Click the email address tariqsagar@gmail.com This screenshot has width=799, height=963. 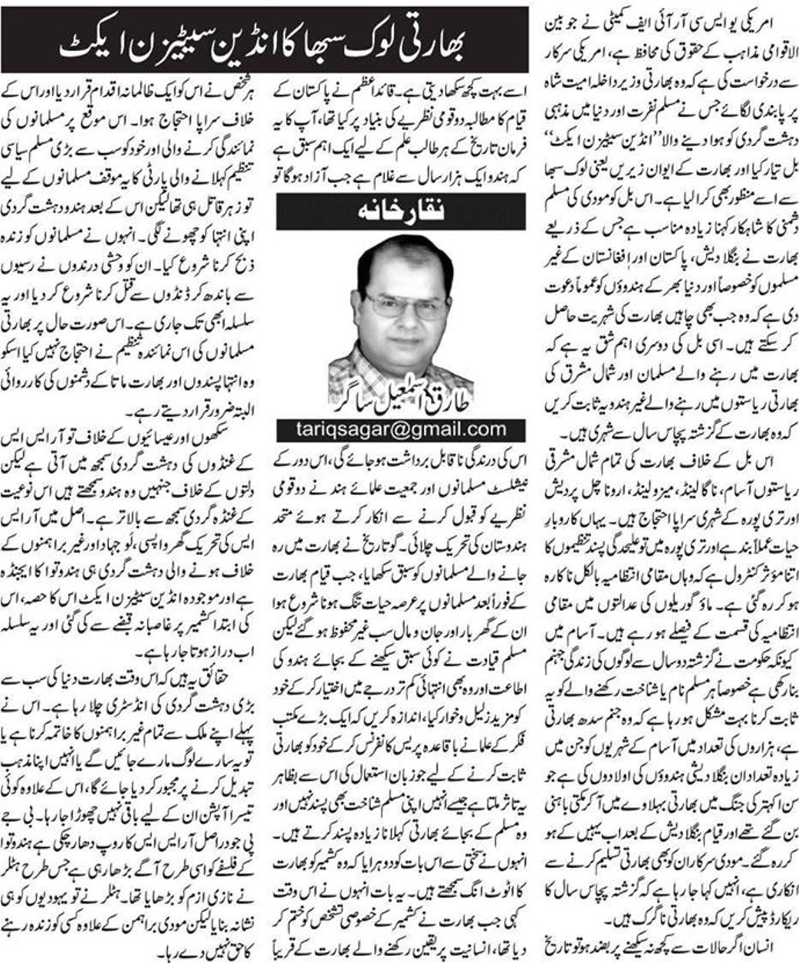[400, 429]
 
